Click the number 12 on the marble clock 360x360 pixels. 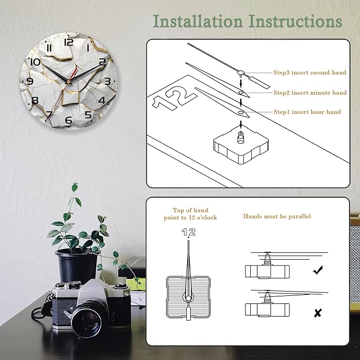coord(68,42)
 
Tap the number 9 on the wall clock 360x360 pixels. coord(30,81)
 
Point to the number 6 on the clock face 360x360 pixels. coord(68,120)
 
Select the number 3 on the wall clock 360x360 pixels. coord(108,81)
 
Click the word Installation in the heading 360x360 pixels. coord(198,21)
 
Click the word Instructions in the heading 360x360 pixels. coord(296,21)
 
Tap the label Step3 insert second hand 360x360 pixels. coord(310,73)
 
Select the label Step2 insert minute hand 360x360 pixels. coord(310,93)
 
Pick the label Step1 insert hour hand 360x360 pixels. coord(307,112)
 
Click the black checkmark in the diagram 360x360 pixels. coord(318,270)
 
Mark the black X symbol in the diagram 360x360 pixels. coord(318,313)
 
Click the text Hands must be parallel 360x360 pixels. coord(277,216)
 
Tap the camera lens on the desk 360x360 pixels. coord(89,319)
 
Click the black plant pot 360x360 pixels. coord(77,267)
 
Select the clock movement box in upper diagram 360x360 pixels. coord(241,144)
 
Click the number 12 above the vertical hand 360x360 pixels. coord(189,232)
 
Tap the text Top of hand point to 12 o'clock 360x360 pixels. coord(190,214)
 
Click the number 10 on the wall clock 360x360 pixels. coord(36,62)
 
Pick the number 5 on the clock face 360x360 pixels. coord(88,115)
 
